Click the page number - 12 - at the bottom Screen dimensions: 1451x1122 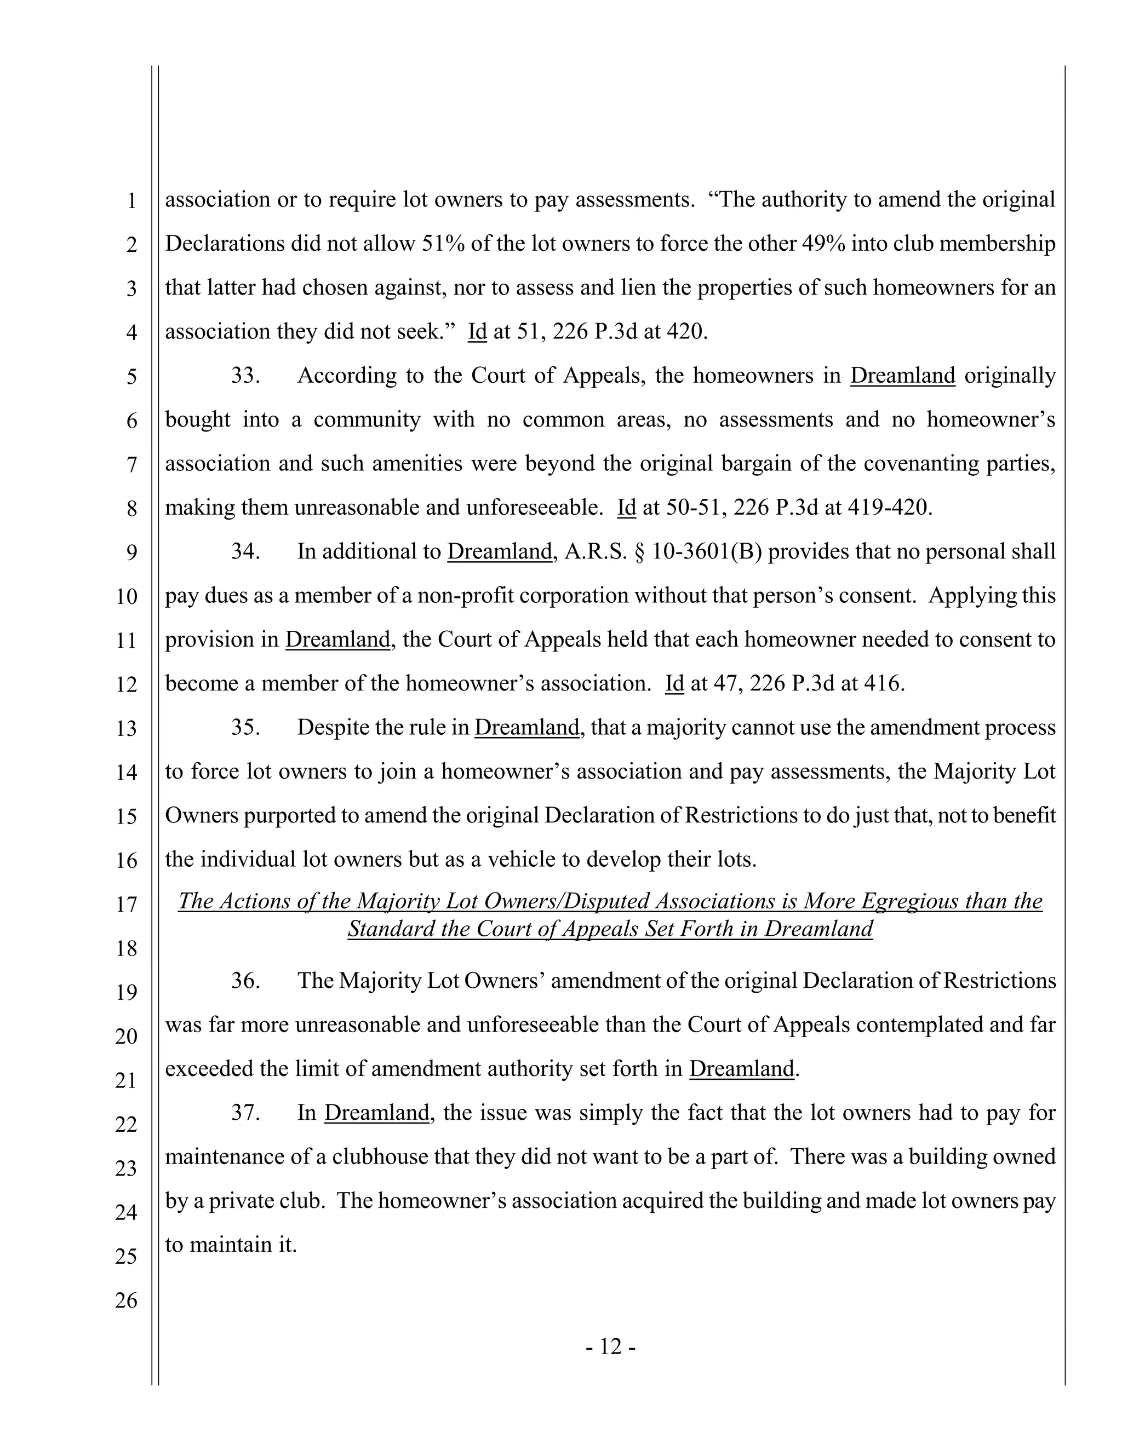(x=611, y=1346)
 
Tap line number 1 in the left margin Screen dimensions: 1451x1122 (x=131, y=200)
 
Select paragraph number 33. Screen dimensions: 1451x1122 (x=244, y=376)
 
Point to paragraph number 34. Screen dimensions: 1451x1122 (x=244, y=551)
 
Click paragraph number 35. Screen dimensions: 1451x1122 (x=244, y=728)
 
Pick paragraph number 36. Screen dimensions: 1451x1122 (x=244, y=981)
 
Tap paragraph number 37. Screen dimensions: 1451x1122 (x=244, y=1112)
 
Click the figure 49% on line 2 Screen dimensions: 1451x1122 (x=824, y=244)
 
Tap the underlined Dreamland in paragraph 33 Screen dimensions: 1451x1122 (x=903, y=376)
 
